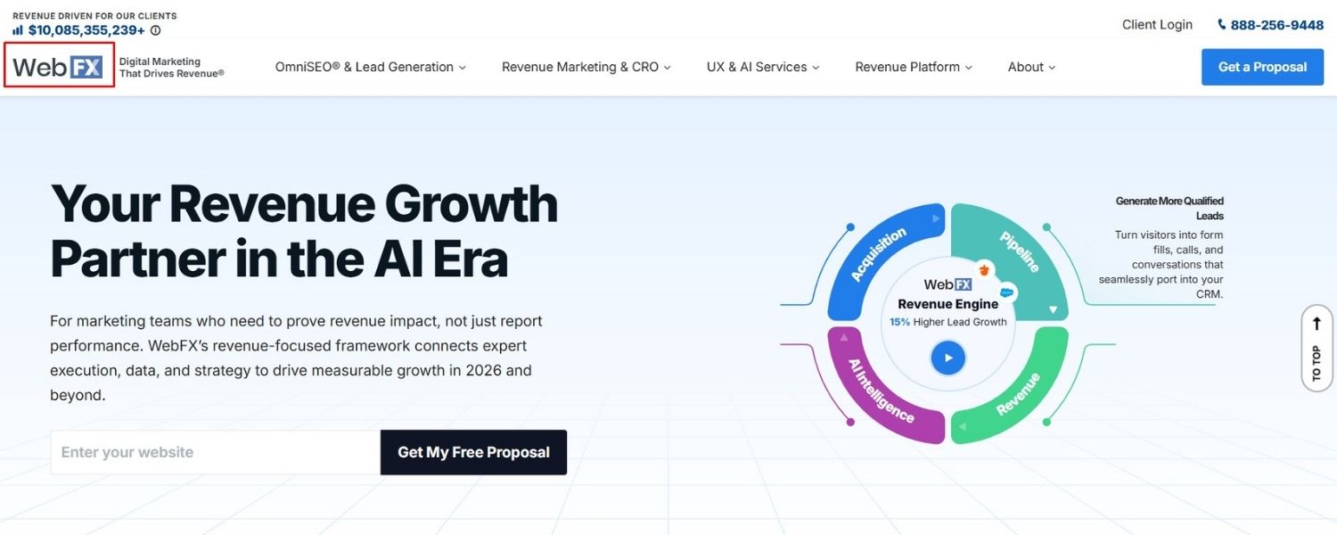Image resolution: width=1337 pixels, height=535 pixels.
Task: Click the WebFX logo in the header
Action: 59,66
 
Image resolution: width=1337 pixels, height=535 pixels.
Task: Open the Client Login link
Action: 1157,25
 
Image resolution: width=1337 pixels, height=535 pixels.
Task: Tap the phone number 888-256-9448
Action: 1276,25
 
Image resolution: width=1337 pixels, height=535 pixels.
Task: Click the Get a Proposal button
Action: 1262,67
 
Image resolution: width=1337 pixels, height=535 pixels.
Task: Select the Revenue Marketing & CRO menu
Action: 586,67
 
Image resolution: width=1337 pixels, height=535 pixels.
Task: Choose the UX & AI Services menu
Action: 762,67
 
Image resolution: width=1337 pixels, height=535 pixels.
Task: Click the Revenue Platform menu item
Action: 913,67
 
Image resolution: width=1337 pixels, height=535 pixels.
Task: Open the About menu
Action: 1031,67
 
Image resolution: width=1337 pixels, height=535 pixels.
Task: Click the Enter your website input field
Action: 215,452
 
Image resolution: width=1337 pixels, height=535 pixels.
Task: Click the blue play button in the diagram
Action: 948,358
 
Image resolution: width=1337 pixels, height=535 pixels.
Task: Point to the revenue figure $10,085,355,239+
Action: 86,30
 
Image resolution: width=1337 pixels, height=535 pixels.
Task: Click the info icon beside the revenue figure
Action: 156,30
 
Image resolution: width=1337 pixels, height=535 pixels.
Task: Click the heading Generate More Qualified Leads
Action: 1169,208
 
